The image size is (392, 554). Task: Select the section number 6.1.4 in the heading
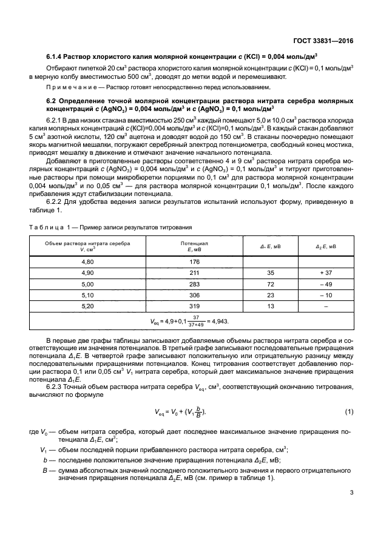pyautogui.click(x=57, y=56)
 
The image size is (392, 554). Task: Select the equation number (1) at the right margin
pyautogui.click(x=349, y=413)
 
